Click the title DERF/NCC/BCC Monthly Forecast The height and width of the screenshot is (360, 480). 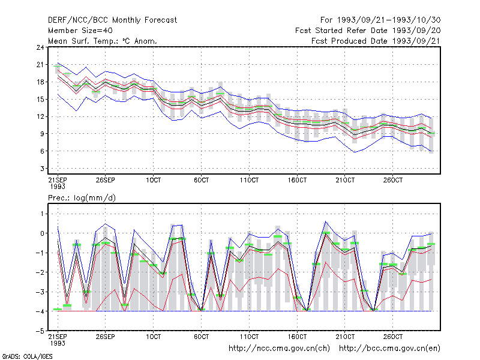tap(112, 20)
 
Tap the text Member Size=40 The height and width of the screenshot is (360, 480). tap(80, 31)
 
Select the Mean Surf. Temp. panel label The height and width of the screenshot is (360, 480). tap(103, 41)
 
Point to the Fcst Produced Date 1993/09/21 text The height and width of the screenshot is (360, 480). tap(376, 41)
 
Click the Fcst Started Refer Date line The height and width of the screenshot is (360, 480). tap(368, 31)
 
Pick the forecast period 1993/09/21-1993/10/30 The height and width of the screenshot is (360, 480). tap(380, 20)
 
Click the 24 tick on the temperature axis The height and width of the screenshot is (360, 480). tap(40, 47)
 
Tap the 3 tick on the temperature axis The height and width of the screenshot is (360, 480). tap(42, 169)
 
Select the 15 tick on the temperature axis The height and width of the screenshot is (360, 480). tap(40, 99)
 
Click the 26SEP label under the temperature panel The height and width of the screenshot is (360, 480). tap(106, 180)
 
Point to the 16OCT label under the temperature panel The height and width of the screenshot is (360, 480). tap(297, 180)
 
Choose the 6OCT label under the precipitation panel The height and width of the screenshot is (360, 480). tap(201, 337)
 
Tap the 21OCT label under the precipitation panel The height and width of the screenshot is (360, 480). tap(345, 337)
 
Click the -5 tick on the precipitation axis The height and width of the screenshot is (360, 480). tap(40, 331)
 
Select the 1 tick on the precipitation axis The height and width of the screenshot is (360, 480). tap(42, 214)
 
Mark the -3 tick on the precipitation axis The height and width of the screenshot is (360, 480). tap(40, 292)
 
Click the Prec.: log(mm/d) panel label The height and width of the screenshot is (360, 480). tap(82, 198)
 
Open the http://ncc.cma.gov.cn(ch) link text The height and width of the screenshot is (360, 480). tap(279, 349)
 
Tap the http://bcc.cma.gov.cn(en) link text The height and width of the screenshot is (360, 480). tap(389, 349)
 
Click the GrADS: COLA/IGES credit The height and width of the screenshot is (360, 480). tap(27, 356)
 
